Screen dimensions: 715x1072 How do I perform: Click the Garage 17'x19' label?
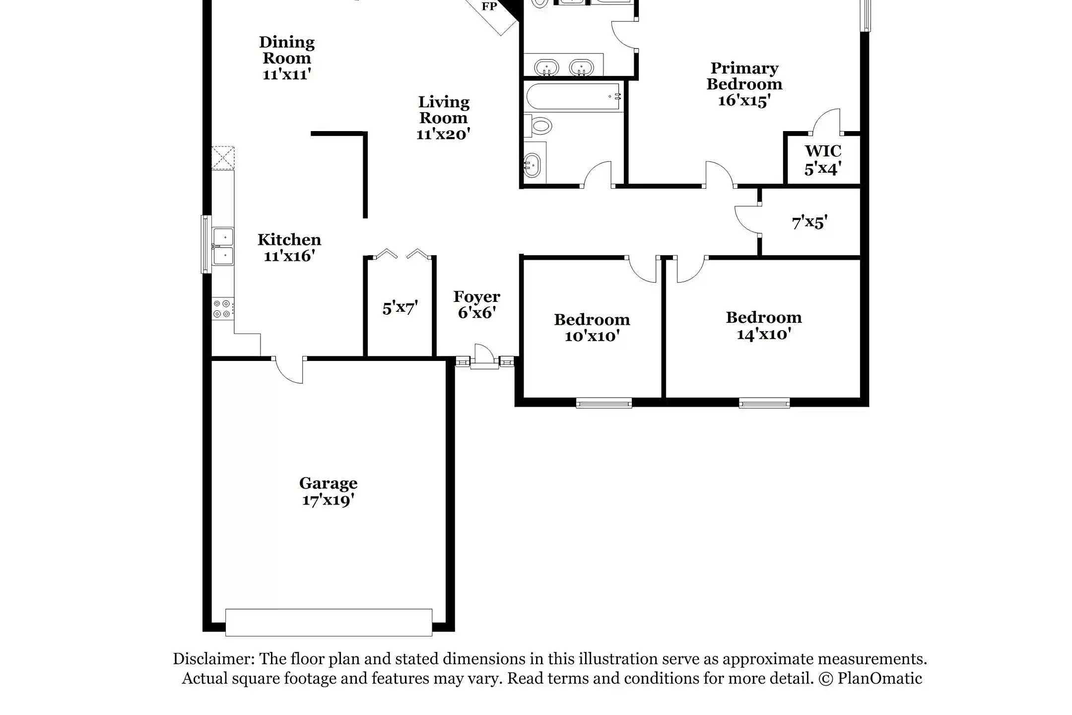(328, 491)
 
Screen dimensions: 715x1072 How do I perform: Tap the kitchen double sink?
(223, 246)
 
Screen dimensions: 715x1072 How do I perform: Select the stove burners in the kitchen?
(222, 308)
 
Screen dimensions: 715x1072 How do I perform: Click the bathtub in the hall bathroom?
(573, 96)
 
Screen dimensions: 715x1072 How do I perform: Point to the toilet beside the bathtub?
(539, 126)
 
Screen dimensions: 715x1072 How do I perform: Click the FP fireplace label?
(489, 6)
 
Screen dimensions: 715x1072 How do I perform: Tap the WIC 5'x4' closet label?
(822, 159)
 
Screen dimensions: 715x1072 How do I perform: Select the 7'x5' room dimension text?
(809, 222)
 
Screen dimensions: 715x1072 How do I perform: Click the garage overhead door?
(329, 622)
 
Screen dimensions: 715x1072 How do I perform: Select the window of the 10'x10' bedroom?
(603, 403)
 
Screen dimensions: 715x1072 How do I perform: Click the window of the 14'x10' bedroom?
(764, 403)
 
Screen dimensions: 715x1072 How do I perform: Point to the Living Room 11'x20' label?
(443, 118)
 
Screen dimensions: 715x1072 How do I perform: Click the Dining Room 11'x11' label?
(287, 58)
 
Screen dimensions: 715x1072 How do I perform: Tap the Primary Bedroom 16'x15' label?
(744, 84)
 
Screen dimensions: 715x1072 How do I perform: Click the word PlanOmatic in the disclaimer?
(879, 678)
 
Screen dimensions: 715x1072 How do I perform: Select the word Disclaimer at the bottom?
(213, 659)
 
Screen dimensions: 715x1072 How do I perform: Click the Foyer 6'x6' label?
(476, 304)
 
